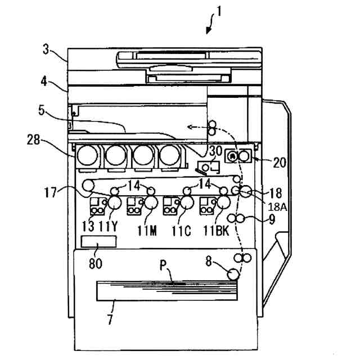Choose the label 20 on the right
[280, 163]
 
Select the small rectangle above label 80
[98, 242]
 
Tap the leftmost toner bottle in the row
[87, 155]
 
